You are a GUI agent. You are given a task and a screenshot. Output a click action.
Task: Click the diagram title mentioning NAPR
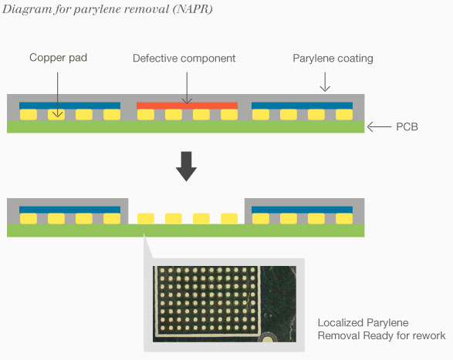click(x=107, y=9)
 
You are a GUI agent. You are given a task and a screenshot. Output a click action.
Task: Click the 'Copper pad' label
click(x=57, y=59)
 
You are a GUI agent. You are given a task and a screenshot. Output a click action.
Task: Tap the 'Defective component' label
click(x=184, y=59)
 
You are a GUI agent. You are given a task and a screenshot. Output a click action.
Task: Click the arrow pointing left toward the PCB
click(x=379, y=126)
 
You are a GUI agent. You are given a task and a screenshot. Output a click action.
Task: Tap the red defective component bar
click(x=186, y=105)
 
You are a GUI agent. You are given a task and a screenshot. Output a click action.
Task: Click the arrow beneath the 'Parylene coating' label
click(x=324, y=81)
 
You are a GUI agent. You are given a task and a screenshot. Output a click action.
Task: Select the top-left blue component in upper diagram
click(x=69, y=105)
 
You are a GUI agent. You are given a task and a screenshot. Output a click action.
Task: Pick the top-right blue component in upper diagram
click(x=303, y=105)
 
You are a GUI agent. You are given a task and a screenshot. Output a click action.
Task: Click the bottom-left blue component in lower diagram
click(x=69, y=209)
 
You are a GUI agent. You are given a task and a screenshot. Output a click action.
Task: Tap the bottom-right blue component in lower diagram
click(x=303, y=209)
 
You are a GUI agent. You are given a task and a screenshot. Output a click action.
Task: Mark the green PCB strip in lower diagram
click(x=185, y=230)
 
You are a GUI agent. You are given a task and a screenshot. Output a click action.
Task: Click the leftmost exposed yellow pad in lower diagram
click(x=146, y=219)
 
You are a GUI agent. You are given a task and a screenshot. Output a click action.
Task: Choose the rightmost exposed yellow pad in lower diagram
click(x=228, y=219)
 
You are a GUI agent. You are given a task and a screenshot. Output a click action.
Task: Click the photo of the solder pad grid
click(x=224, y=304)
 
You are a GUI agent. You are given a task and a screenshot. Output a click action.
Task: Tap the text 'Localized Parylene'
click(x=362, y=322)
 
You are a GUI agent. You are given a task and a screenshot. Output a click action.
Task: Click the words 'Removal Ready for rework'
click(x=381, y=335)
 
